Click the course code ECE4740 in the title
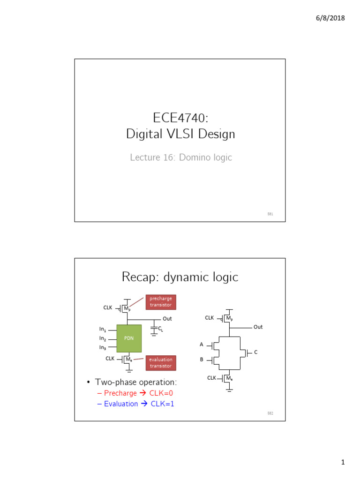(x=180, y=118)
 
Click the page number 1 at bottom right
(x=343, y=463)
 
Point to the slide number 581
(x=270, y=214)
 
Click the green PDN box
(x=128, y=338)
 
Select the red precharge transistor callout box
(x=161, y=302)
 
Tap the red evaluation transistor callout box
(x=160, y=363)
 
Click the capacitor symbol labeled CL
(x=154, y=330)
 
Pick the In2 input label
(x=103, y=338)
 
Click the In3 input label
(x=103, y=347)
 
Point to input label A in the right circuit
(x=202, y=345)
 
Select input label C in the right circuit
(x=255, y=352)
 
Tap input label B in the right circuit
(x=202, y=360)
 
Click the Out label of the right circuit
(x=258, y=327)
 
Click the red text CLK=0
(x=163, y=393)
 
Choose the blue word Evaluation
(x=121, y=404)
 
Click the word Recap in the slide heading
(x=140, y=277)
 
